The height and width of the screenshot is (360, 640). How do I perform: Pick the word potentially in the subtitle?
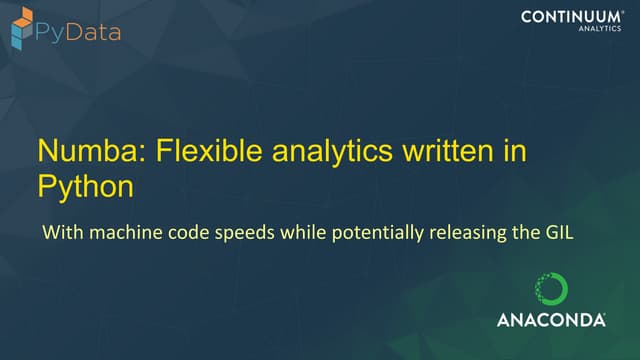click(x=358, y=236)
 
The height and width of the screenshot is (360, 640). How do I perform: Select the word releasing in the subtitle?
click(x=443, y=236)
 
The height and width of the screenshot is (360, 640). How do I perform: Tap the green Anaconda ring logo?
click(x=551, y=289)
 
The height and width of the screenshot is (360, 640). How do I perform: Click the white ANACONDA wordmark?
click(x=550, y=320)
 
